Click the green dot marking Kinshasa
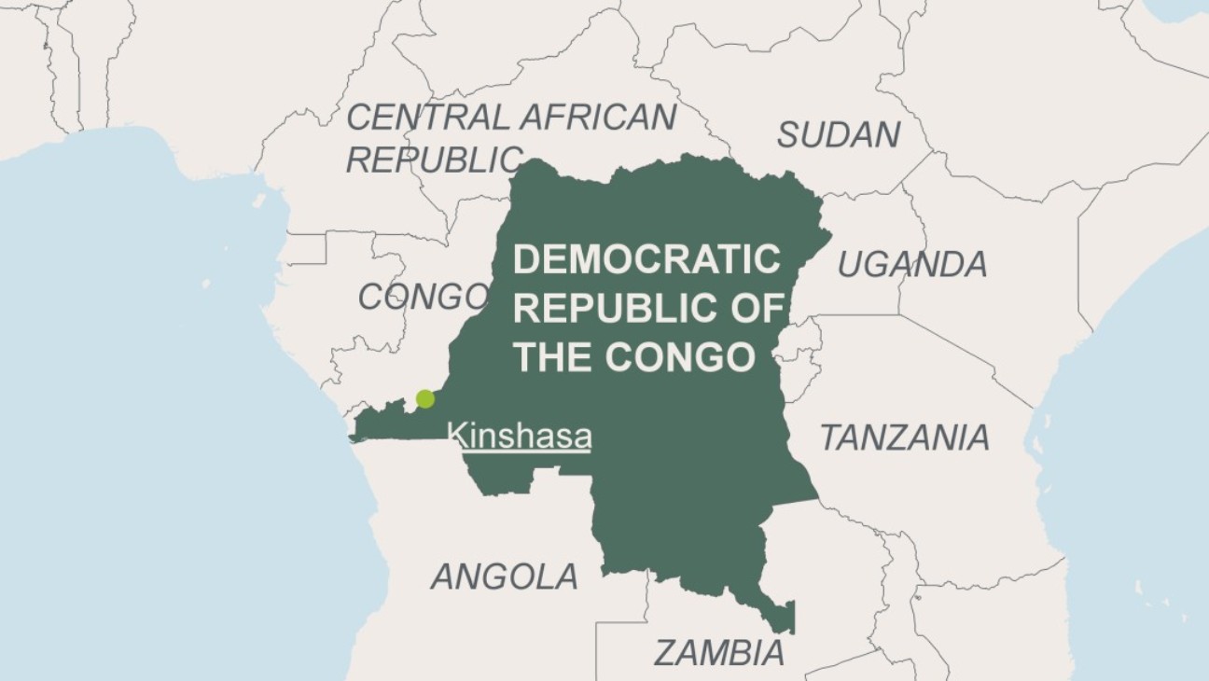coord(424,398)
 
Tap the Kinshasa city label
coord(519,437)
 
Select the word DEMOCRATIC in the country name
coord(646,259)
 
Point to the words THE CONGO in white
coord(633,356)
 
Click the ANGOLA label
coord(504,577)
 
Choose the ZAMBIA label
coord(718,653)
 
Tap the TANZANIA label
coord(904,437)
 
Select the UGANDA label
coord(911,265)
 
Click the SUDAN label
coord(839,135)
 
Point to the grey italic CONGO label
coord(423,297)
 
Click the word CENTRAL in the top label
coord(427,118)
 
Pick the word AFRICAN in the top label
coord(598,118)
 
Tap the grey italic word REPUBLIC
coord(432,160)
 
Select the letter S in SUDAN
coord(788,135)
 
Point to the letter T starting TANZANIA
coord(829,437)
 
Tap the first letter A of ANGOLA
coord(442,577)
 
